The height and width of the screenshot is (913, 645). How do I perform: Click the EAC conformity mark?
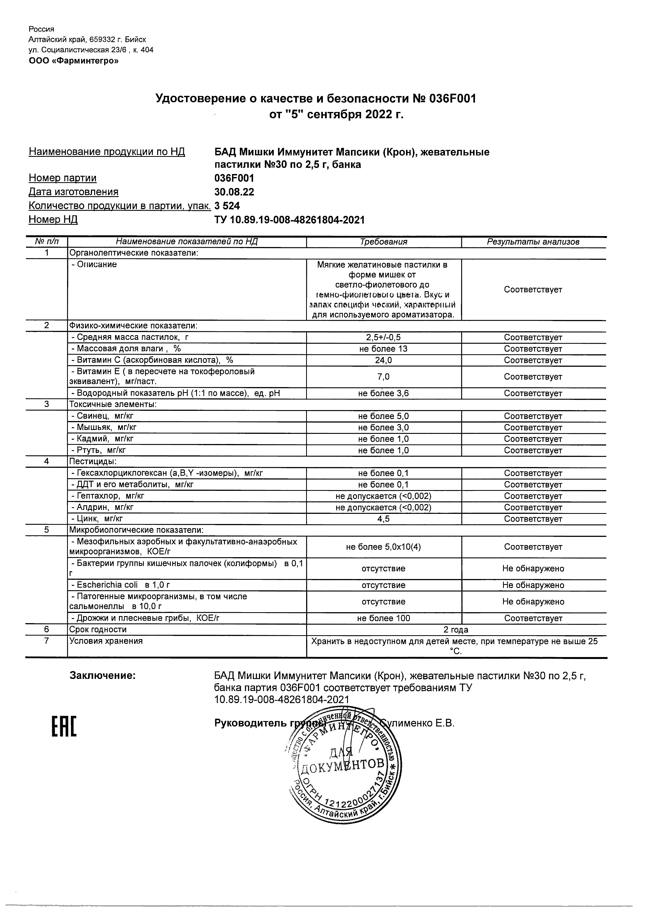[64, 725]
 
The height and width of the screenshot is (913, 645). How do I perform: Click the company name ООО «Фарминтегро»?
[74, 61]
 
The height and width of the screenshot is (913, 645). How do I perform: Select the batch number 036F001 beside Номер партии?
[234, 178]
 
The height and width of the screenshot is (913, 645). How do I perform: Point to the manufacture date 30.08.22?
[234, 192]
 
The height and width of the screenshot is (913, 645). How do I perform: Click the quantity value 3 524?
[227, 206]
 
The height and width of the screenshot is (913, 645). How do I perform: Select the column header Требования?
[383, 242]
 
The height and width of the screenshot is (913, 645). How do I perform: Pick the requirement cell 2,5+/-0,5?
[383, 337]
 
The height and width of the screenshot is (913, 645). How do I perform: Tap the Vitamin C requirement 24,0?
[383, 360]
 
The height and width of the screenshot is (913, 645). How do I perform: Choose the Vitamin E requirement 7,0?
[383, 377]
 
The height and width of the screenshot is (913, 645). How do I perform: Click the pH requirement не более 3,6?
[383, 393]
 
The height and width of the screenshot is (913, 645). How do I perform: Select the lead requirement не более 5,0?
[383, 416]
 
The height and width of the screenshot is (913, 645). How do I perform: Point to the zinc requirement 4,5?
[383, 519]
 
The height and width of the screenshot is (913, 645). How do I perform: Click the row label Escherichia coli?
[107, 585]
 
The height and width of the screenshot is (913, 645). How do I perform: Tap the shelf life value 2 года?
[456, 630]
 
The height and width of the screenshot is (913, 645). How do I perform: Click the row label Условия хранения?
[106, 641]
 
